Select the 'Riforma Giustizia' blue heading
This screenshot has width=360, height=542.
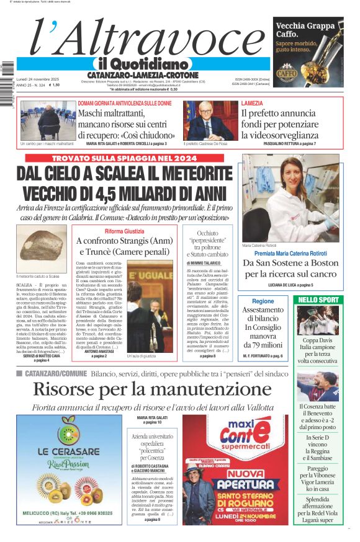click(124, 231)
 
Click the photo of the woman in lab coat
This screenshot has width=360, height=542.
click(290, 197)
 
